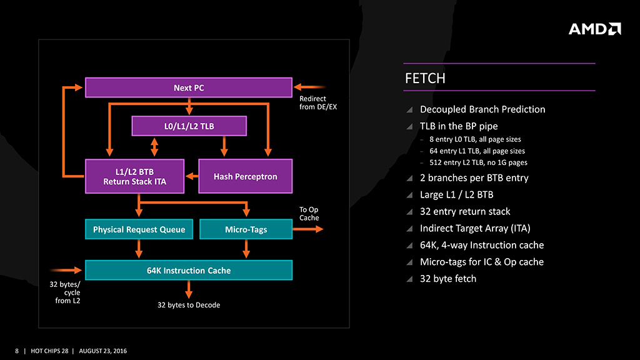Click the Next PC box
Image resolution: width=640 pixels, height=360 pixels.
coord(188,87)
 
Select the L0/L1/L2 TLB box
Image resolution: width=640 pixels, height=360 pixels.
coord(189,126)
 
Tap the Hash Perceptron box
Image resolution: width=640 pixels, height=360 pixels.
coord(245,176)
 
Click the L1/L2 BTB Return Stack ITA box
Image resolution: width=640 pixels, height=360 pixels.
coord(134,176)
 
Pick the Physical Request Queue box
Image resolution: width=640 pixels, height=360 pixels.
coord(139,229)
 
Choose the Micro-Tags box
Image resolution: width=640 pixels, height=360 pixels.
coord(246,229)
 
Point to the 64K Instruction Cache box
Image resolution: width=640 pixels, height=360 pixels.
coord(188,271)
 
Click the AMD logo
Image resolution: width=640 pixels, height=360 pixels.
coord(594,29)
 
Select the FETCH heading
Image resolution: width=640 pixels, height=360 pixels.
coord(426,78)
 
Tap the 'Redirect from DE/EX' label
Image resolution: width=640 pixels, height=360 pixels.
coord(317,102)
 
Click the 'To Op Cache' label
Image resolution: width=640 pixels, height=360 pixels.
coord(309,214)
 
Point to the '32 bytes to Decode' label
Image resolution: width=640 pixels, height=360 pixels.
coord(189,305)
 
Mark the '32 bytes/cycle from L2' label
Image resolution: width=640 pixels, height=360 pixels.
coord(64,292)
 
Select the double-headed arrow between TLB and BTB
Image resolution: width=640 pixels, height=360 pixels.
coord(154,147)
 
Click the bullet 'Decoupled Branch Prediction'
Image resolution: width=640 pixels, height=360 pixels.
coord(482,109)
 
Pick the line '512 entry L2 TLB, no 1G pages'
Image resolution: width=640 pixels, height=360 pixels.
coord(477,163)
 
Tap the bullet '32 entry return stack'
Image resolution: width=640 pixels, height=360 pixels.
coord(465,211)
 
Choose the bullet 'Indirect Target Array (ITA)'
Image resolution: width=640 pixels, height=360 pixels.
coord(475,228)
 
